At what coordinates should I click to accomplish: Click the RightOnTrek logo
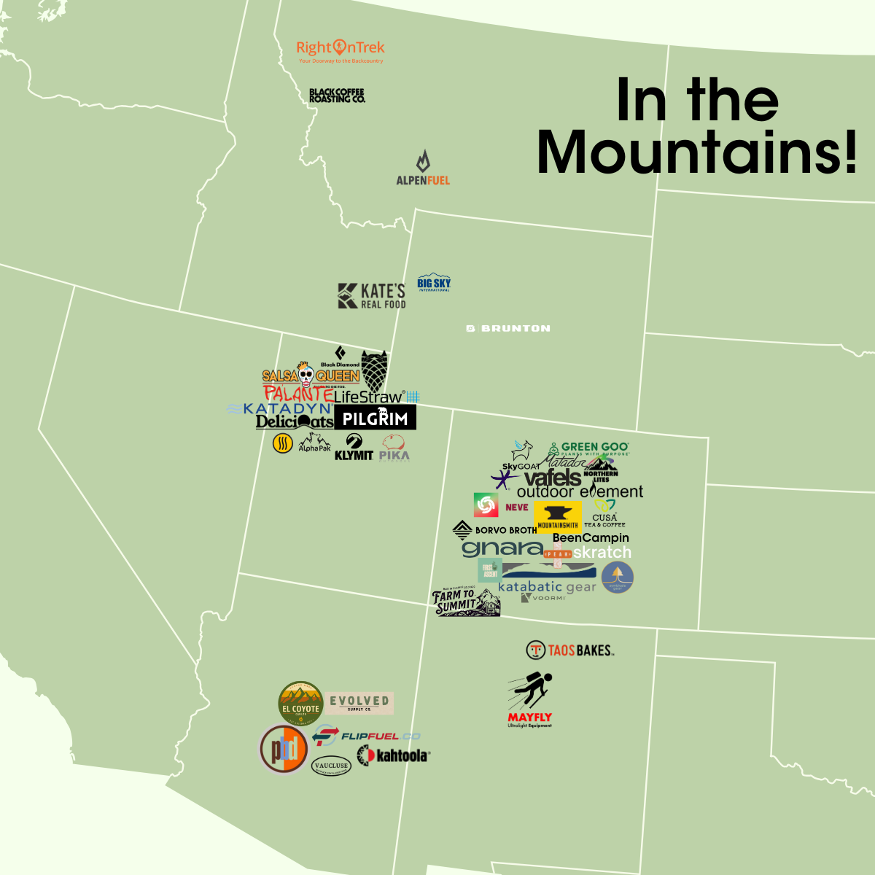tap(340, 50)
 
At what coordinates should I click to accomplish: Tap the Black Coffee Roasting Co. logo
tap(337, 96)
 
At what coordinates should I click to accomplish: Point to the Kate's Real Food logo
tap(372, 295)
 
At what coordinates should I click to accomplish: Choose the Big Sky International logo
tap(434, 284)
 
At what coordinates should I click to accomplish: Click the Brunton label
tap(509, 329)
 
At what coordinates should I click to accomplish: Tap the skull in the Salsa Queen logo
tap(306, 375)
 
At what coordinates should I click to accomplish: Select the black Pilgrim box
tap(375, 418)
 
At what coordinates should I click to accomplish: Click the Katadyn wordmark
tap(281, 409)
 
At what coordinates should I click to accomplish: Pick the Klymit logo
tap(354, 447)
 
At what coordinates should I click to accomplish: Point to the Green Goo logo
tap(589, 448)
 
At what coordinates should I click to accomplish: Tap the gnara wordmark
tap(502, 548)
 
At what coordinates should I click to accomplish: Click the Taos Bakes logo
tap(570, 650)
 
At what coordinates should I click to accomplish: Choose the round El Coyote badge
tap(300, 704)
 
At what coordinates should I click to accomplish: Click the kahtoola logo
tap(393, 755)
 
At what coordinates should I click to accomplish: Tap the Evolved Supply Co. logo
tap(359, 703)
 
